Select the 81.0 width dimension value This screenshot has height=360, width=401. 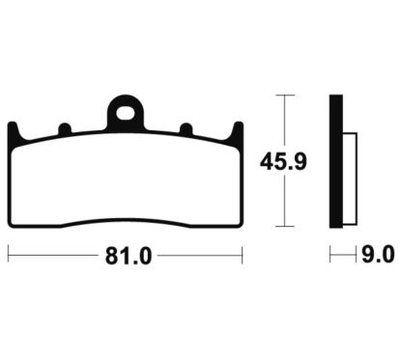[x=126, y=257]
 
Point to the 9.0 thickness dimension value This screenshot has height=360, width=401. [x=377, y=256]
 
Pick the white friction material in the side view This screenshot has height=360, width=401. [x=349, y=177]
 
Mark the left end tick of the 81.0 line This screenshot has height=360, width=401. [x=9, y=257]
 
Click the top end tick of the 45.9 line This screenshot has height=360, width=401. [x=280, y=96]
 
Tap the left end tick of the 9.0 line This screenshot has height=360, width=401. [x=330, y=256]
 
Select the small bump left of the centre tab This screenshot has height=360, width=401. [x=64, y=127]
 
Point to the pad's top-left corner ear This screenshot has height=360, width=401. [x=13, y=130]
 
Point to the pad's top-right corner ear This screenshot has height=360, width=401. [x=234, y=130]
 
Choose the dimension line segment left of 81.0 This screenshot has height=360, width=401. [x=53, y=257]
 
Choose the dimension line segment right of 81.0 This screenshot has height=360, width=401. [x=198, y=257]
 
